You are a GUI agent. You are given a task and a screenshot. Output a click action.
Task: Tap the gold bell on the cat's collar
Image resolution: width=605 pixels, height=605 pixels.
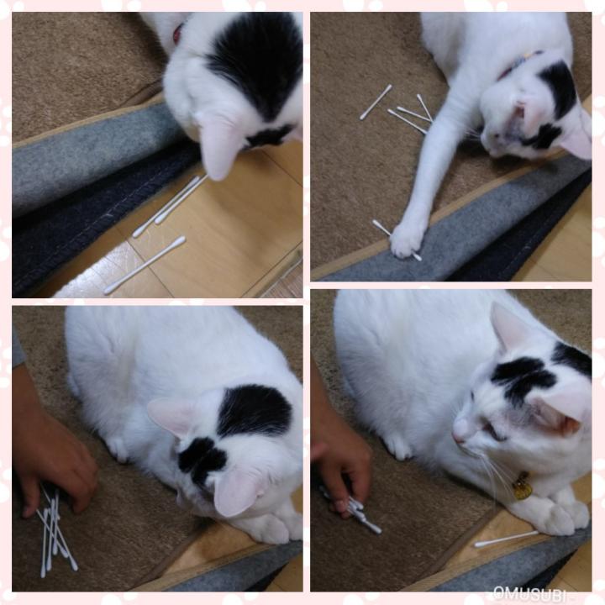pyautogui.click(x=522, y=486)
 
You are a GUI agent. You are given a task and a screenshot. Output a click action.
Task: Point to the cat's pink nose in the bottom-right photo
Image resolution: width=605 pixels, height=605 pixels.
pyautogui.click(x=458, y=436)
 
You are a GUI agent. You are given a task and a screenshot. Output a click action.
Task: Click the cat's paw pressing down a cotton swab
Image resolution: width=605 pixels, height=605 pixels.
pyautogui.click(x=406, y=240)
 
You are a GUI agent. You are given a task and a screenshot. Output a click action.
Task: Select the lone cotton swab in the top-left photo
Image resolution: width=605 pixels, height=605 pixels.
pyautogui.click(x=145, y=265)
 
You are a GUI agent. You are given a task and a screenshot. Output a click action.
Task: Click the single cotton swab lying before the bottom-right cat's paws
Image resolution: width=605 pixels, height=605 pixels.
pyautogui.click(x=506, y=539)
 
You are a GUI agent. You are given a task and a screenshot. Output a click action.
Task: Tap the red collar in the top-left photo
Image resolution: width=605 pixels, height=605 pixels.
pyautogui.click(x=177, y=33)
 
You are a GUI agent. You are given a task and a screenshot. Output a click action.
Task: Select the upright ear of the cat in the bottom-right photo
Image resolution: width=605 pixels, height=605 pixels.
pyautogui.click(x=509, y=327)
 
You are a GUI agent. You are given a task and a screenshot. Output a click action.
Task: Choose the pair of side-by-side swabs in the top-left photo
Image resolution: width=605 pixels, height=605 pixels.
pyautogui.click(x=170, y=206)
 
